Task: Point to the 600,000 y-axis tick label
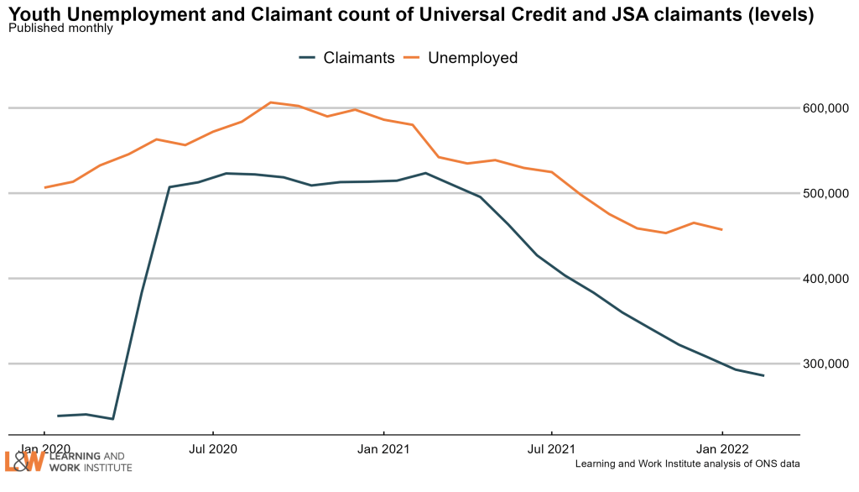pyautogui.click(x=827, y=108)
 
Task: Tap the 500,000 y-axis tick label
pyautogui.click(x=827, y=193)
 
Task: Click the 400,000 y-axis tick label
pyautogui.click(x=827, y=279)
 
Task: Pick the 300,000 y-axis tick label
pyautogui.click(x=827, y=364)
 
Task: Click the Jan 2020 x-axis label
pyautogui.click(x=44, y=449)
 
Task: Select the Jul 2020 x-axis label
pyautogui.click(x=213, y=449)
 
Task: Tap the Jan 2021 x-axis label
pyautogui.click(x=383, y=449)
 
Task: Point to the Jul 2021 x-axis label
pyautogui.click(x=552, y=449)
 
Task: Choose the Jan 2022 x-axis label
pyautogui.click(x=722, y=449)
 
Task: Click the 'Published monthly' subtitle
pyautogui.click(x=60, y=29)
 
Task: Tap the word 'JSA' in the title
pyautogui.click(x=623, y=14)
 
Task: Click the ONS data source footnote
pyautogui.click(x=687, y=464)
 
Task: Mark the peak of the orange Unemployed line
pyautogui.click(x=270, y=102)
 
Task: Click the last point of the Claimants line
pyautogui.click(x=763, y=375)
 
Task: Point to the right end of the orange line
pyautogui.click(x=722, y=229)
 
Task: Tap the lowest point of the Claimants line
pyautogui.click(x=113, y=419)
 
